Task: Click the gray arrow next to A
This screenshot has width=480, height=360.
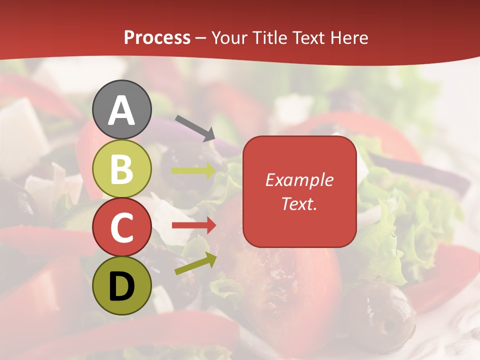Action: (x=195, y=127)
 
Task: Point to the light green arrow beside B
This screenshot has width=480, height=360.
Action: (x=193, y=171)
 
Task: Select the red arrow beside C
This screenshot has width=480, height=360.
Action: (x=193, y=225)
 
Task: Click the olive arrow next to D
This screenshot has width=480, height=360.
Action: (x=195, y=263)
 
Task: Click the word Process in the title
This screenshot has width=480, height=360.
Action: (x=157, y=37)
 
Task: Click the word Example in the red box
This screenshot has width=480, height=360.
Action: (x=299, y=180)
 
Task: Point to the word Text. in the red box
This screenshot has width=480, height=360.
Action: (x=299, y=203)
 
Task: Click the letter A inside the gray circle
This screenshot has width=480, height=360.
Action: (x=122, y=110)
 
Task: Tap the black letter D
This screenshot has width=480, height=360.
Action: (x=122, y=286)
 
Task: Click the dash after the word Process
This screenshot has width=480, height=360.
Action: (x=201, y=38)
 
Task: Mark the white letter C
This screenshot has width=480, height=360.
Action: (x=122, y=227)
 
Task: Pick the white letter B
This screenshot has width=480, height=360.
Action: (x=122, y=168)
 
